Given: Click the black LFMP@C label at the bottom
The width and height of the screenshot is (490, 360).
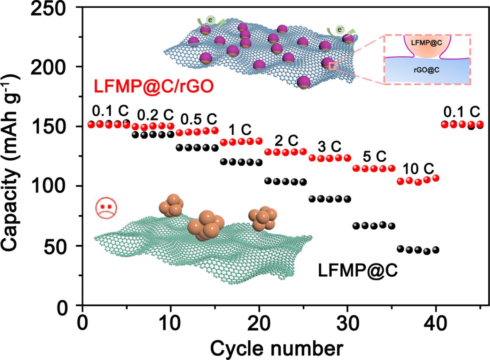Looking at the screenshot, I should coord(358,270).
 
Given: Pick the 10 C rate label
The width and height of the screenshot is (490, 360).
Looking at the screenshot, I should coord(419,169).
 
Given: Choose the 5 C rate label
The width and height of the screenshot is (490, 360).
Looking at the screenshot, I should coord(375,157).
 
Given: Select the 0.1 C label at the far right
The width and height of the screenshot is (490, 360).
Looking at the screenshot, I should coord(461,112).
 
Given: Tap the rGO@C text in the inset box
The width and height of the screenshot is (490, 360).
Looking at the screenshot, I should coord(427,69).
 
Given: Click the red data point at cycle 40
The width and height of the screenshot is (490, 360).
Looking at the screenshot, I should coord(436,178).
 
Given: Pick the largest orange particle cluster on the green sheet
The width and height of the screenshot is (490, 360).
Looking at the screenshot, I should coord(206,225).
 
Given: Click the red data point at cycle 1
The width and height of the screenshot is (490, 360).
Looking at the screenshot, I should coord(91,124).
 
